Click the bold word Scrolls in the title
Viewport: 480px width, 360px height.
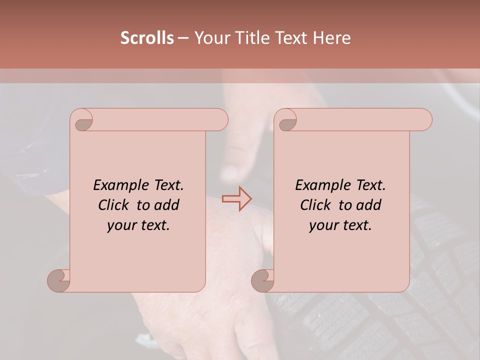tap(147, 38)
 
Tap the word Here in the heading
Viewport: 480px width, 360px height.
tap(331, 38)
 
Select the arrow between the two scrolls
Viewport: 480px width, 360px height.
tap(237, 198)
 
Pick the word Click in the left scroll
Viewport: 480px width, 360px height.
tap(112, 205)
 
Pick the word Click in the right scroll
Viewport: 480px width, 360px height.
tap(314, 205)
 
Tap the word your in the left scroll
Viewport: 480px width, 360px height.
tap(121, 225)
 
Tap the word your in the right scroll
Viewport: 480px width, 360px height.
tap(323, 225)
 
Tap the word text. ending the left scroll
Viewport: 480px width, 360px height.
tap(154, 225)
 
